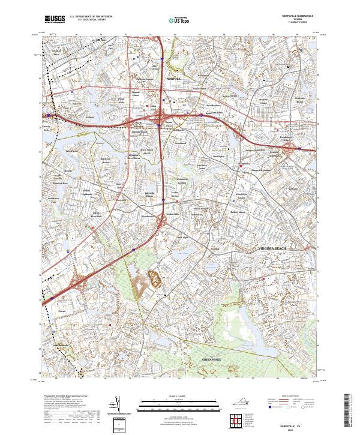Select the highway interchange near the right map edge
pos(295,148)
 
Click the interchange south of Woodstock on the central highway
pos(163,223)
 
